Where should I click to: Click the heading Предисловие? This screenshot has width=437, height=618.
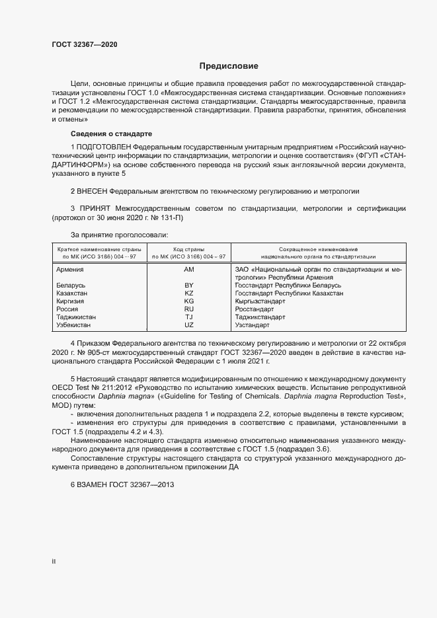click(229, 66)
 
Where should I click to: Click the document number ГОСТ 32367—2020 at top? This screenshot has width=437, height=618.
click(85, 45)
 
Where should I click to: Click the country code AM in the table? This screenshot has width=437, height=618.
click(189, 270)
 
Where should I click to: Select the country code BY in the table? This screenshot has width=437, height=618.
click(189, 285)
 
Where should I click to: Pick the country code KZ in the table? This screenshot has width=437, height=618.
click(189, 293)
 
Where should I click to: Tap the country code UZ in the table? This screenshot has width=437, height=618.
click(189, 325)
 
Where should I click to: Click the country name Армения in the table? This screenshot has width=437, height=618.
click(70, 270)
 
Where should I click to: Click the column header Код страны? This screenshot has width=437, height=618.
click(189, 249)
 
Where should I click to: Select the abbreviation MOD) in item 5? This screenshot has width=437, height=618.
click(61, 404)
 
